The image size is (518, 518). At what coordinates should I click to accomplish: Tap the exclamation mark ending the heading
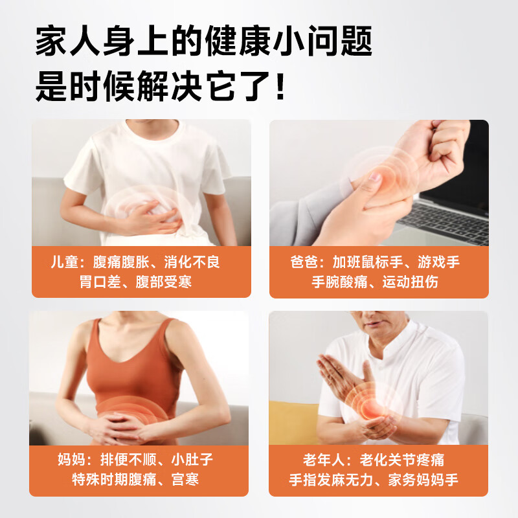point(280,87)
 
